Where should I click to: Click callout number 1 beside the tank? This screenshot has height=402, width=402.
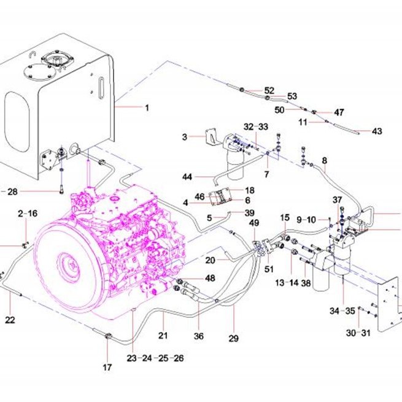pyautogui.click(x=147, y=107)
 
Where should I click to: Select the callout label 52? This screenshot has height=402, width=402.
pyautogui.click(x=269, y=90)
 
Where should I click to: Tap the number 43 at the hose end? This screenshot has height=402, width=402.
pyautogui.click(x=377, y=131)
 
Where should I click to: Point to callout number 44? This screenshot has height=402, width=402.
pyautogui.click(x=187, y=177)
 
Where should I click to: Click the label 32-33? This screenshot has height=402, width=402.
pyautogui.click(x=256, y=126)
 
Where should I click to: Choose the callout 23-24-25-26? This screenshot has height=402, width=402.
pyautogui.click(x=155, y=358)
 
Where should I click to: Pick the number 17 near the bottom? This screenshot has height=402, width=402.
pyautogui.click(x=107, y=368)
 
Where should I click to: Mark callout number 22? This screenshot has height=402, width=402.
pyautogui.click(x=10, y=320)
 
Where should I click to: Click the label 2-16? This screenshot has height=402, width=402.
pyautogui.click(x=28, y=214)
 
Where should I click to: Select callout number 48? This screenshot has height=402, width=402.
pyautogui.click(x=210, y=278)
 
